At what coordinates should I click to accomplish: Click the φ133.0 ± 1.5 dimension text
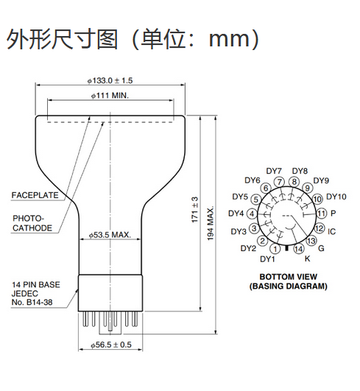coord(110,80)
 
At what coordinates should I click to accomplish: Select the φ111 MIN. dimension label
coord(110,96)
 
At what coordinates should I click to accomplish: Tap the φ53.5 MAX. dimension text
coord(110,235)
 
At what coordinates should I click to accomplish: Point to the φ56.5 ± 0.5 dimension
coord(111,345)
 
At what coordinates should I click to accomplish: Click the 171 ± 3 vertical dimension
coord(194,210)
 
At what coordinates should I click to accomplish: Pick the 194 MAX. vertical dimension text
coord(211,223)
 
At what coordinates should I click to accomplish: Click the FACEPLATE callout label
coord(35,195)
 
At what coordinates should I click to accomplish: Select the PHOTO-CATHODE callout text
coord(32,223)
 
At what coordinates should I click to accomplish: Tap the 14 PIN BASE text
coord(36,284)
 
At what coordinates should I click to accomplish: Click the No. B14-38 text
coord(32,302)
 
